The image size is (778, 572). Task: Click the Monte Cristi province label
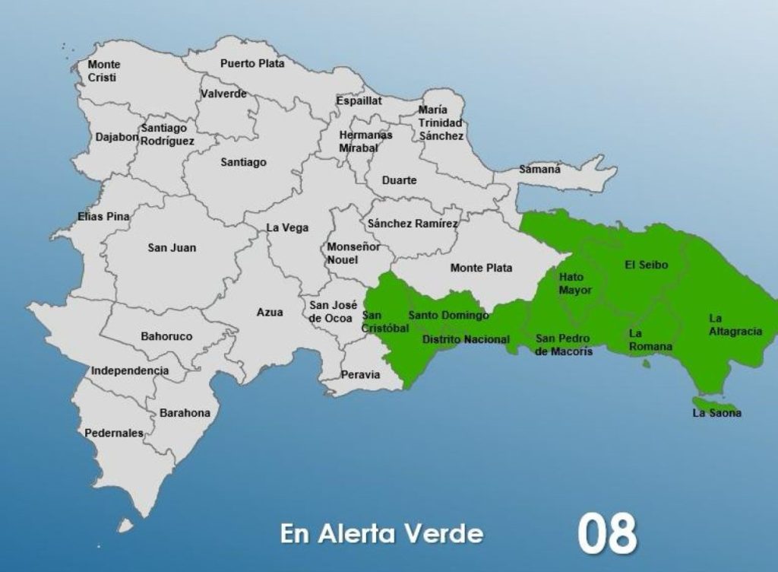point(103,71)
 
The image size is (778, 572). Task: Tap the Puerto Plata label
point(252,64)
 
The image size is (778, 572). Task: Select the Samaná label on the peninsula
point(539,170)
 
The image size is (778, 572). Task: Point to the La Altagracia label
point(735,326)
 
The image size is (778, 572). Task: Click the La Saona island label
point(716,413)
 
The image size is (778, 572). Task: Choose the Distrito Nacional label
point(466,339)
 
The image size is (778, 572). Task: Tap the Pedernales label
point(114,433)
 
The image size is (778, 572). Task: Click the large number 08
point(606,533)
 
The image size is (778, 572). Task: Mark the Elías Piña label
point(103,217)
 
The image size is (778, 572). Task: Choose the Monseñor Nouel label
point(347,253)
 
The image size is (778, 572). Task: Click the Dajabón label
point(117,138)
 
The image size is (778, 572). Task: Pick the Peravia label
point(361,375)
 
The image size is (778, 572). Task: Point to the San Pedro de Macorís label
point(564,345)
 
